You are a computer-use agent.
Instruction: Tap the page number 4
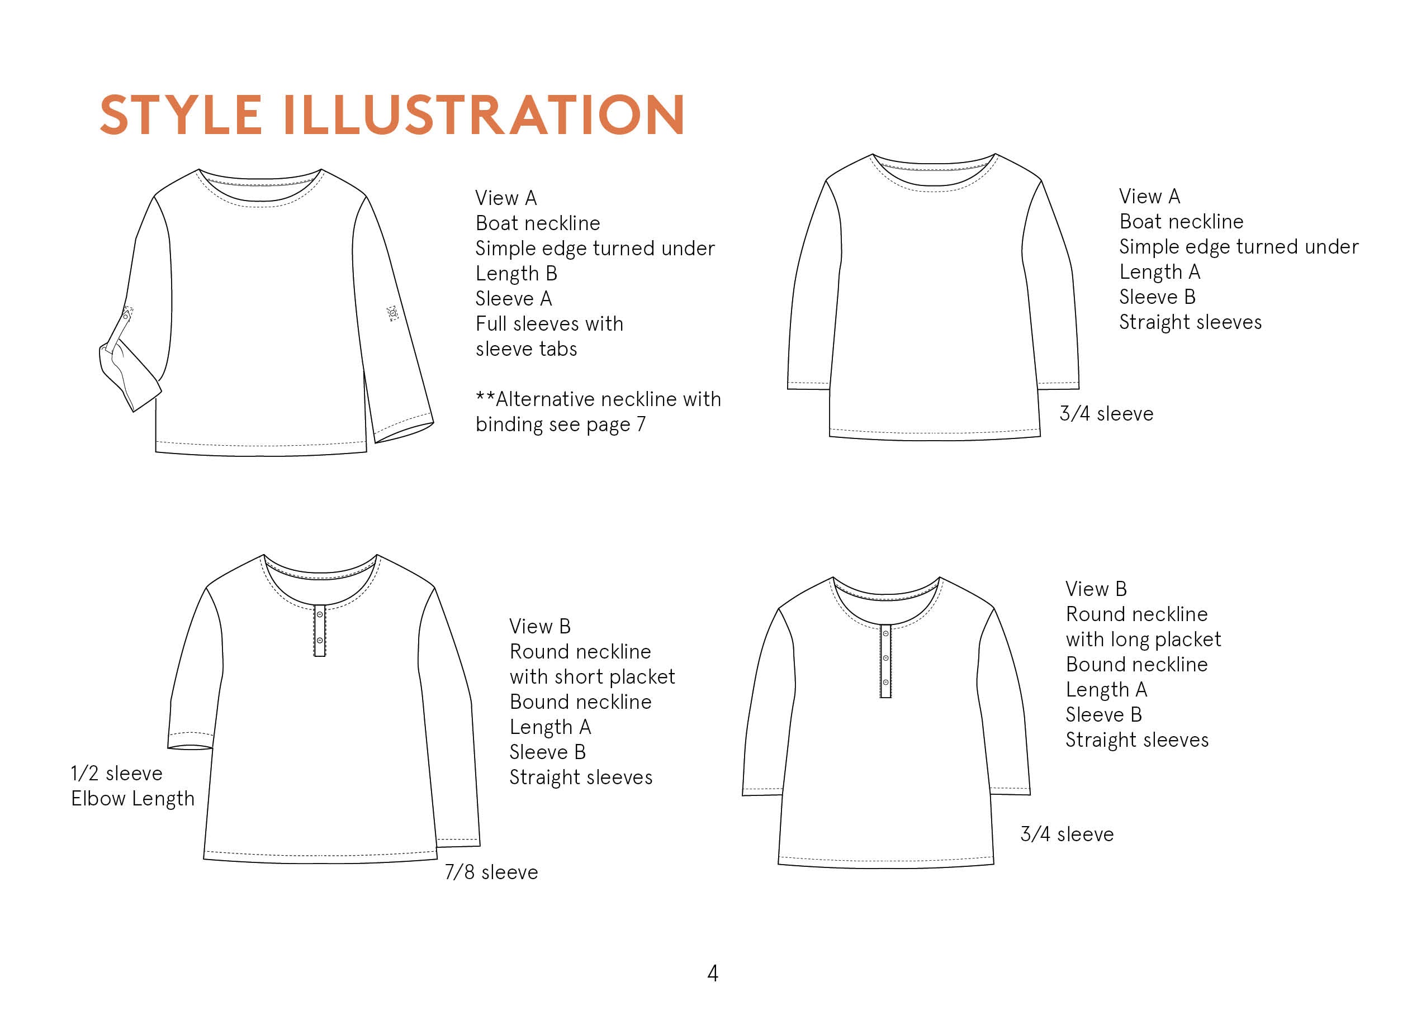click(x=712, y=974)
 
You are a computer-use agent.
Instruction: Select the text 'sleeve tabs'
click(x=526, y=349)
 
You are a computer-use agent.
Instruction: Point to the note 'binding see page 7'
click(x=560, y=424)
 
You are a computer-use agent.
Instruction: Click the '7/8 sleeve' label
click(x=491, y=872)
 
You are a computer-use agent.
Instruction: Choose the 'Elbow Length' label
click(x=132, y=799)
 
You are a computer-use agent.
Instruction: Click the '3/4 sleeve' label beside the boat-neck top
click(x=1106, y=413)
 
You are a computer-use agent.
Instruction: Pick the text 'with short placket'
click(x=592, y=677)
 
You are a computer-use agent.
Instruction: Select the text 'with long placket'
click(x=1143, y=640)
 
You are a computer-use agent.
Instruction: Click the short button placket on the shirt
click(x=320, y=631)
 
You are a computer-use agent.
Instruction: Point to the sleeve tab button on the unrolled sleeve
click(x=392, y=313)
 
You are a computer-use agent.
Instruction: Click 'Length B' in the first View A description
click(x=517, y=273)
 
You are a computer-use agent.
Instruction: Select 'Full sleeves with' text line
click(x=549, y=323)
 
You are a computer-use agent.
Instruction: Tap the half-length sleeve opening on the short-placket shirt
click(x=190, y=747)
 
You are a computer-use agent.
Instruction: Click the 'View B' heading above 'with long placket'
click(x=1096, y=589)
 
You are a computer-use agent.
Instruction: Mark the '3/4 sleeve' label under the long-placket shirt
click(x=1067, y=834)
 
